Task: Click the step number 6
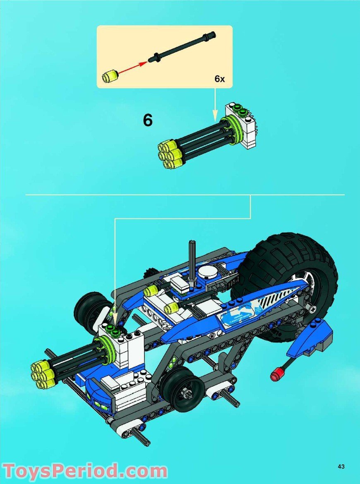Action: pos(148,120)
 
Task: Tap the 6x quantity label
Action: pos(219,79)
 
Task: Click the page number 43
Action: pos(341,467)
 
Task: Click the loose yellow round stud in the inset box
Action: pos(110,76)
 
